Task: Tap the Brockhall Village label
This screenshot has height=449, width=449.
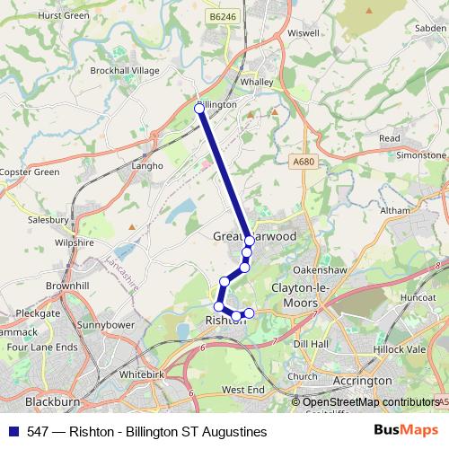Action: point(125,70)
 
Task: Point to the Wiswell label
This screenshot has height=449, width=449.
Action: point(304,33)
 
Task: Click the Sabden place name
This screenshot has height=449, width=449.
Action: point(426,28)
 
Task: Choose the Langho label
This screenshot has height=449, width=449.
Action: point(148,165)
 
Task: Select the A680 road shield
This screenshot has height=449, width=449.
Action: point(304,162)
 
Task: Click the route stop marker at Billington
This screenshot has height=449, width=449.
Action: point(199,108)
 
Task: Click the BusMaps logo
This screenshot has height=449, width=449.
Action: point(405,431)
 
